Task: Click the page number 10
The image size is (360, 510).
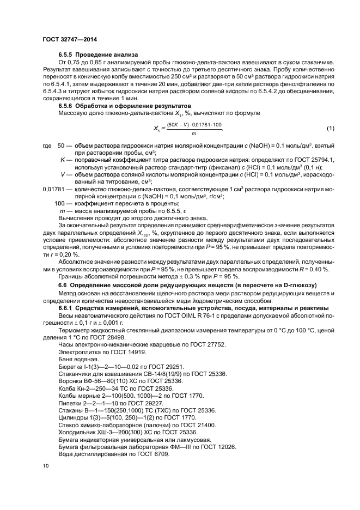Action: point(45,465)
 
